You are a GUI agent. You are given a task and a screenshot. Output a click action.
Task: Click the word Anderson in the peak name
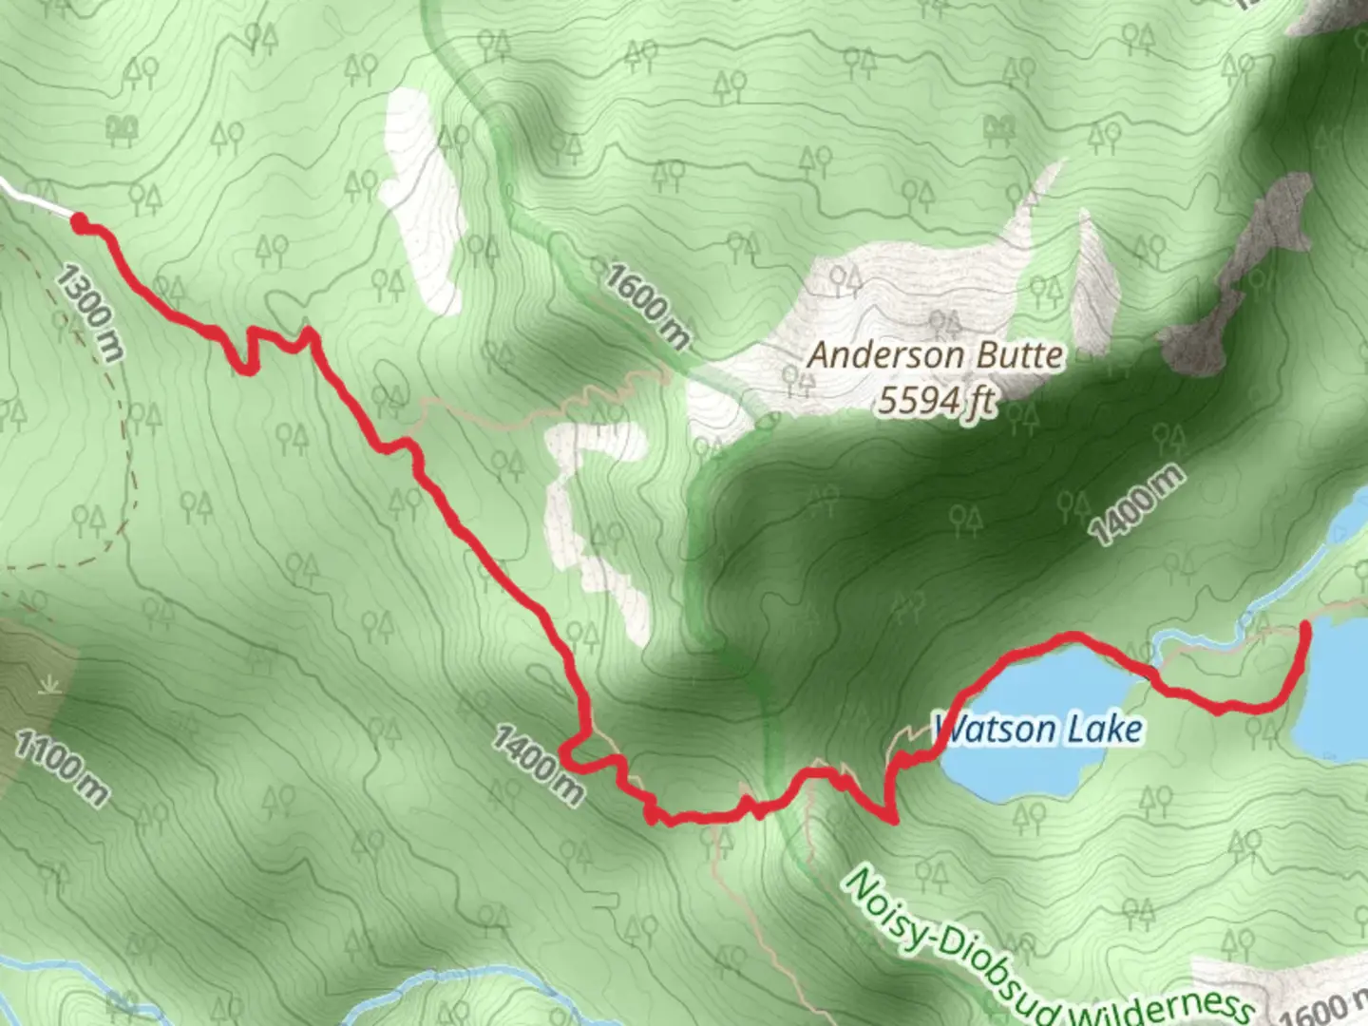pyautogui.click(x=872, y=356)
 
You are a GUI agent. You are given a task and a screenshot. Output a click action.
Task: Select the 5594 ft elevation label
pyautogui.click(x=936, y=401)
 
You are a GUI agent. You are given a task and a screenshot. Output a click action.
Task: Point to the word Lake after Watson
pyautogui.click(x=1106, y=730)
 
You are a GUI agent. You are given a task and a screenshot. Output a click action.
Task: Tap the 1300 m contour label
pyautogui.click(x=89, y=313)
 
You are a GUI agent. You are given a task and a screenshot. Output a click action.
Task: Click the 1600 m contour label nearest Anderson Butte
pyautogui.click(x=648, y=306)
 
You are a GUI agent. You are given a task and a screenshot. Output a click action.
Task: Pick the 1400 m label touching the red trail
pyautogui.click(x=538, y=764)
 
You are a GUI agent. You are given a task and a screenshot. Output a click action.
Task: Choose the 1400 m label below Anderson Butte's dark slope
pyautogui.click(x=1137, y=504)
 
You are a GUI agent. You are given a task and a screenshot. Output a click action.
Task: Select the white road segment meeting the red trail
pyautogui.click(x=33, y=198)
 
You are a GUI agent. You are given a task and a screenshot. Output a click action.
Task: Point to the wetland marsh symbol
pyautogui.click(x=46, y=685)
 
